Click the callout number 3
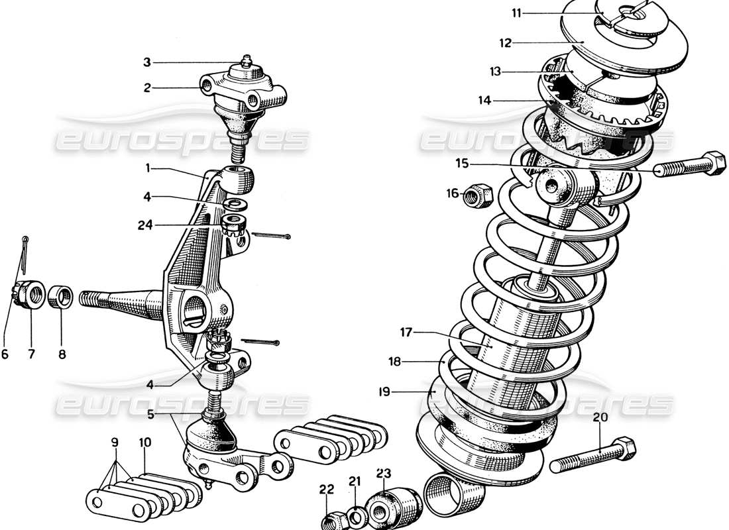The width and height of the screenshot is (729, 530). point(146,63)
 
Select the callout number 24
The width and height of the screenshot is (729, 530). point(145,225)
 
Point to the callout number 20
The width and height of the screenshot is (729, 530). point(600,417)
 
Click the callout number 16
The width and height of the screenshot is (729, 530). point(452,193)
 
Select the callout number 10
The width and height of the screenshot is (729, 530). point(144,440)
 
